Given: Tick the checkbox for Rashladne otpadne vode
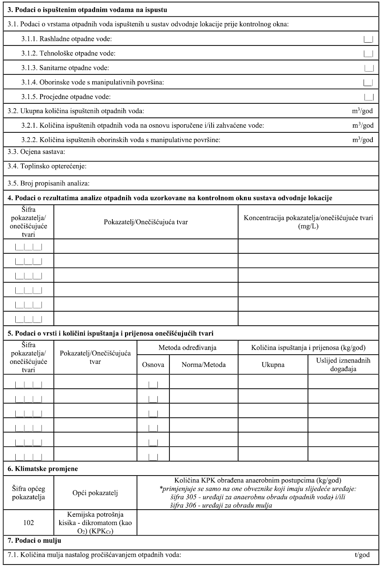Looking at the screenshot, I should coord(369,39).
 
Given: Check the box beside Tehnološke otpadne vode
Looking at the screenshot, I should coord(369,54).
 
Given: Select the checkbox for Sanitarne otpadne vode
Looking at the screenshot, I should coord(369,68).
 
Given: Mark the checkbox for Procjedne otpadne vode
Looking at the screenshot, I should coord(369,97).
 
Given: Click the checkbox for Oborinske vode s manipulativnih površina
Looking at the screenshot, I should coord(368,82).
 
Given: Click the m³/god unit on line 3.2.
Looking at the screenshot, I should coord(363,111).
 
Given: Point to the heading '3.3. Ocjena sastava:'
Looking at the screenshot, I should coord(36,152).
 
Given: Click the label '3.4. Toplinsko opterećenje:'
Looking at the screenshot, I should coord(47,166).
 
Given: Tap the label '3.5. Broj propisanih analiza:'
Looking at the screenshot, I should coord(48,183).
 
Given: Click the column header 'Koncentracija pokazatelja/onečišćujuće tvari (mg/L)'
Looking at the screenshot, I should coord(308,222).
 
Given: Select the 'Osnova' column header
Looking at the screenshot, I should coord(153,365).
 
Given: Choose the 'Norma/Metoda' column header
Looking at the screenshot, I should coord(203,365).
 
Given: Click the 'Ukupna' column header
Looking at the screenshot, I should coord(273,365).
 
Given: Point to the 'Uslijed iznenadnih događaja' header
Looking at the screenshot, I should coord(343,365).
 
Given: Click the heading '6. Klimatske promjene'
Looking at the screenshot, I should coord(43,469).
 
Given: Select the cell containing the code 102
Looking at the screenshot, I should coord(29,523).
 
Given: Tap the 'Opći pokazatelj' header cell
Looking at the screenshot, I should coord(95,493).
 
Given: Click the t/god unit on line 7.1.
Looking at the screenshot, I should coord(362,555).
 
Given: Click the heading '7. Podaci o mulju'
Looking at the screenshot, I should coord(34,541).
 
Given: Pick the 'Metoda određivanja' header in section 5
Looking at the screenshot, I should coord(187,348).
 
